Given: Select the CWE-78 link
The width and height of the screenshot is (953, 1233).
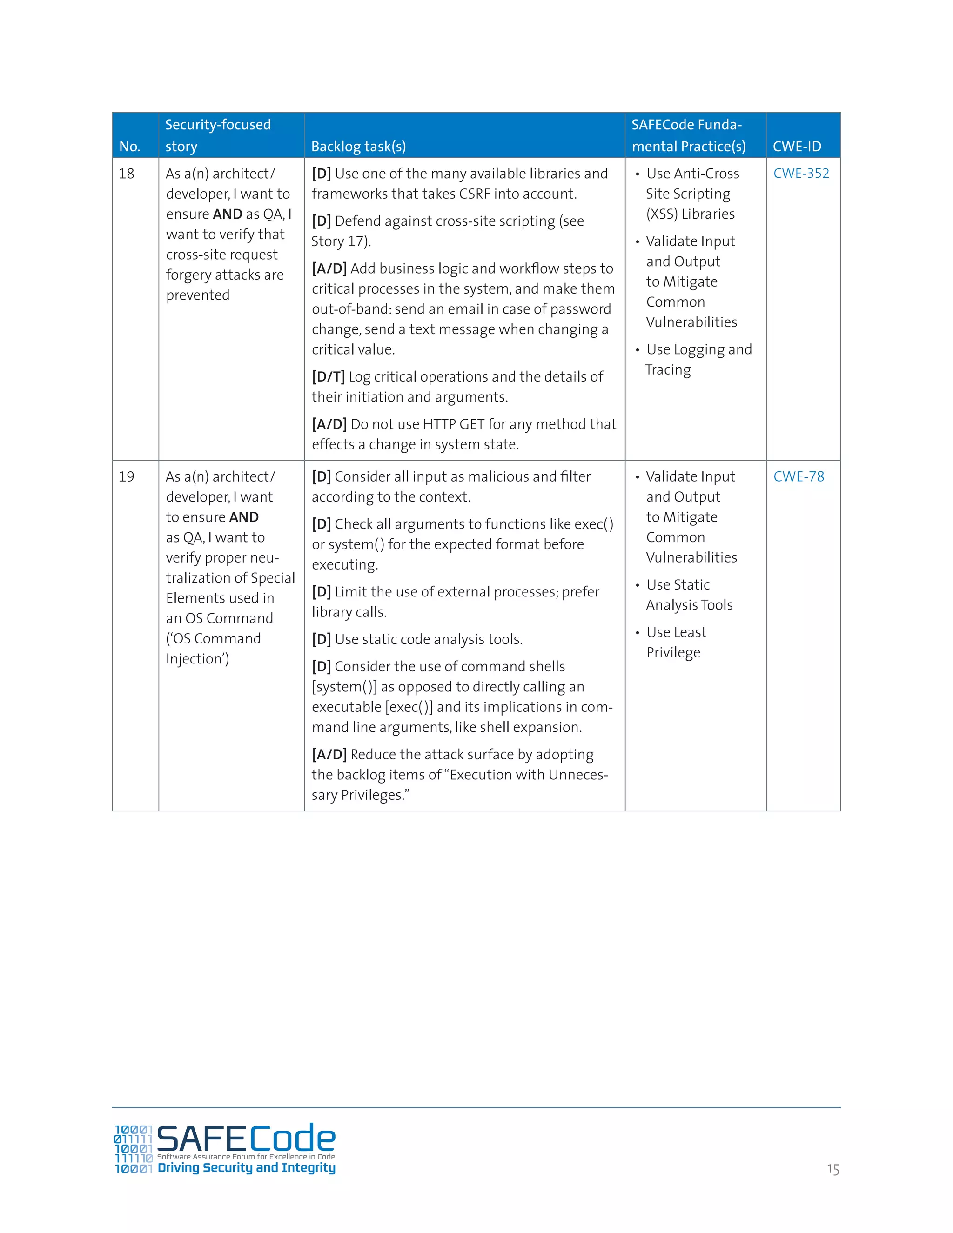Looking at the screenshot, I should point(799,476).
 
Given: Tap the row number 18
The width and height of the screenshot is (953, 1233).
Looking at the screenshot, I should point(127,174).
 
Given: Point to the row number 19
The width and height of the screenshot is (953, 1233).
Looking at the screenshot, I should point(127,476).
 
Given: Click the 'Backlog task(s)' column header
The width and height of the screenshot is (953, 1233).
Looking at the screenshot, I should point(358,146).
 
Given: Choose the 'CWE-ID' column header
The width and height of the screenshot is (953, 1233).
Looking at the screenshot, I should point(797,146).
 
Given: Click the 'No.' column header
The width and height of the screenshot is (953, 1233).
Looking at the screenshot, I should point(130,146).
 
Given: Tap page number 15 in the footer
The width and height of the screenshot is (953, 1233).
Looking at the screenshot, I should point(833,1169).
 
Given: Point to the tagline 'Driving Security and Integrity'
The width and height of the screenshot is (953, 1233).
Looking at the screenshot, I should point(246,1167).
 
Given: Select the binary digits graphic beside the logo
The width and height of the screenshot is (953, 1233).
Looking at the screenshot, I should point(133,1149).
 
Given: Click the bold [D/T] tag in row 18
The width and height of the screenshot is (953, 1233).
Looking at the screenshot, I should point(328,376).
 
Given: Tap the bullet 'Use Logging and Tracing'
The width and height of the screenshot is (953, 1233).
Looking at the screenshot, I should point(698,359).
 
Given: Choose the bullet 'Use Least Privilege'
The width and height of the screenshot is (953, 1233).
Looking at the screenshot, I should point(676,642).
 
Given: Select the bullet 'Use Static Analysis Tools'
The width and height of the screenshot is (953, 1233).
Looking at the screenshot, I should point(689,595).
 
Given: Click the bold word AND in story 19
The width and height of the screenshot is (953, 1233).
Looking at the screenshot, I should point(244,517).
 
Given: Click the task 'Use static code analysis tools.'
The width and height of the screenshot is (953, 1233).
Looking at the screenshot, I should point(428,639).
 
